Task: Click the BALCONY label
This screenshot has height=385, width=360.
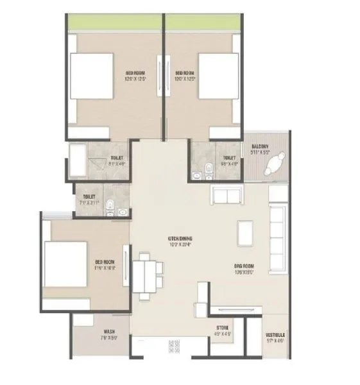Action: (260, 146)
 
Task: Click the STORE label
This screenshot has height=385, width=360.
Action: (223, 327)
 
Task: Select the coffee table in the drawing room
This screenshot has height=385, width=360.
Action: (244, 231)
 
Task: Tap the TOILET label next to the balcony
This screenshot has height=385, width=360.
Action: (229, 158)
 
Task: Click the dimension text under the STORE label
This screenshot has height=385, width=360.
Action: (223, 334)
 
